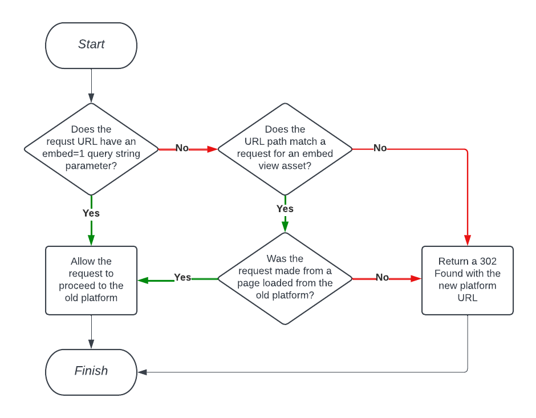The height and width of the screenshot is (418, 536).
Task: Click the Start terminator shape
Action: (91, 45)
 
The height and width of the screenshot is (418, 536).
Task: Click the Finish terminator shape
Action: (91, 371)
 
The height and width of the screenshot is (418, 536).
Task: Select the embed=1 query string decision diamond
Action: (91, 149)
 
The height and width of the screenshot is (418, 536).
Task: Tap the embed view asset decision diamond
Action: (285, 149)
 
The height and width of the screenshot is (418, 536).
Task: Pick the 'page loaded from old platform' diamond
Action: (285, 278)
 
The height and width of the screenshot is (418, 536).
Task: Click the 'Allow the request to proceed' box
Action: (91, 280)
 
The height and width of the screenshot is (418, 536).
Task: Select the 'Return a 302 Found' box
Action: (468, 280)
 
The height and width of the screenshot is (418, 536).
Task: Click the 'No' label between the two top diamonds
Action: (182, 148)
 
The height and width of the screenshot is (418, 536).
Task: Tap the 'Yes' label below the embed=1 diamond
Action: (91, 213)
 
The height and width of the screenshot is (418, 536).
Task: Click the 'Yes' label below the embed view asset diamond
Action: (285, 209)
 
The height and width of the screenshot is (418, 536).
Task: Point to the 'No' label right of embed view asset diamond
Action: (380, 148)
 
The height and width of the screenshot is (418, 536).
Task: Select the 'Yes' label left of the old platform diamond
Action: (182, 278)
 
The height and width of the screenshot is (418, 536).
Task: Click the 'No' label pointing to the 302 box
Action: (382, 278)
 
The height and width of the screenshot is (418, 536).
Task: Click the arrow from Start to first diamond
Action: (91, 86)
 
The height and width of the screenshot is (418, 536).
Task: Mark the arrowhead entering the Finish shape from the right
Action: (143, 372)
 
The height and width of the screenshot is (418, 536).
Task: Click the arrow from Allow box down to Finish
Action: (91, 331)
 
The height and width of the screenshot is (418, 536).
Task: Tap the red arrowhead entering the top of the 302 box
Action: (468, 241)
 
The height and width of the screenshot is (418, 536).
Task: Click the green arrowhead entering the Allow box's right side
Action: (143, 280)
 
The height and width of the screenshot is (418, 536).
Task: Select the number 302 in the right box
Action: (488, 261)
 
